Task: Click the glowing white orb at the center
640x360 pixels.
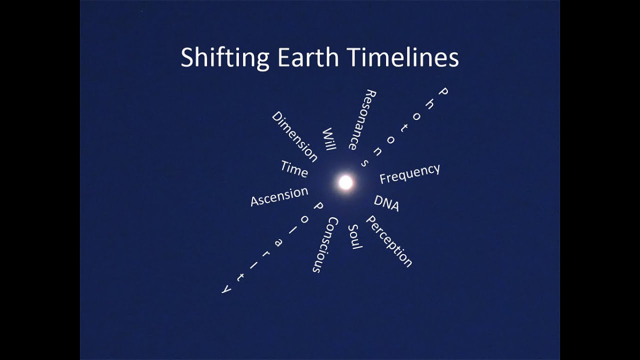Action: pos(345,182)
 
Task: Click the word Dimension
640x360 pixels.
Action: pos(294,136)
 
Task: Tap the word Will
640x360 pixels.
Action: pos(329,139)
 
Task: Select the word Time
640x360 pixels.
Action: pos(294,169)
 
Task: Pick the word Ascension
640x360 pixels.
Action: pos(279,196)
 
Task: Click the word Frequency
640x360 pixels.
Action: pos(409,173)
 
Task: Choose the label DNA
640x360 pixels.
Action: pos(386,203)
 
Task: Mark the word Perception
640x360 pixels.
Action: pos(389,241)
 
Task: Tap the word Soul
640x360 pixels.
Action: pos(354,236)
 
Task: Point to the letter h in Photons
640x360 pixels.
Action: pos(429,103)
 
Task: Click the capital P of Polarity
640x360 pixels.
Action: pos(317,205)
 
